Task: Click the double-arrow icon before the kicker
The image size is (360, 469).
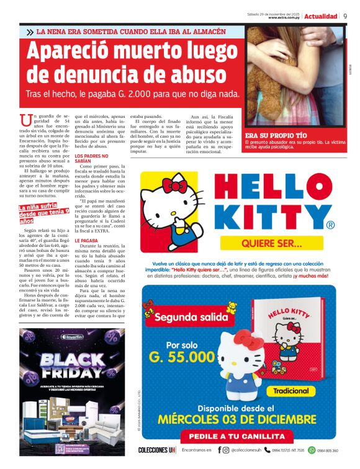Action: [x=30, y=32]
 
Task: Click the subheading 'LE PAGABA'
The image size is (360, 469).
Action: [x=86, y=240]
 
